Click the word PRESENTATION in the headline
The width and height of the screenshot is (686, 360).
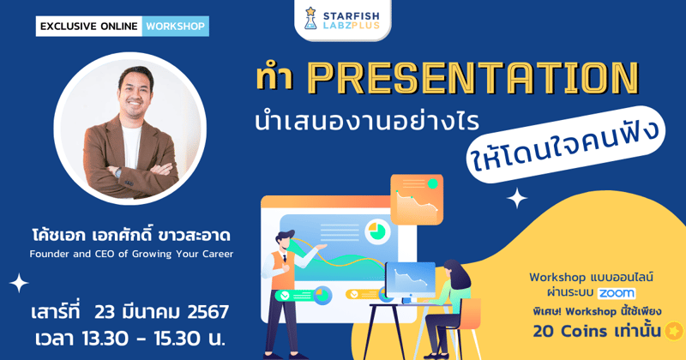[x=472, y=78]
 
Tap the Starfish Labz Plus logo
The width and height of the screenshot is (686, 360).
[x=342, y=18]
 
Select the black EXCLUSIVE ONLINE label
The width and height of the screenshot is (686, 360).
[x=88, y=26]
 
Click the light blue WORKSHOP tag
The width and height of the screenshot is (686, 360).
[x=175, y=26]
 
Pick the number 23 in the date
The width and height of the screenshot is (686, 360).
[x=107, y=311]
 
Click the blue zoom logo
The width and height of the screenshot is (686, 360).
[x=617, y=292]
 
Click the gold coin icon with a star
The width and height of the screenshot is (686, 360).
[x=673, y=331]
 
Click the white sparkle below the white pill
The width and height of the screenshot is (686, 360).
[x=517, y=199]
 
